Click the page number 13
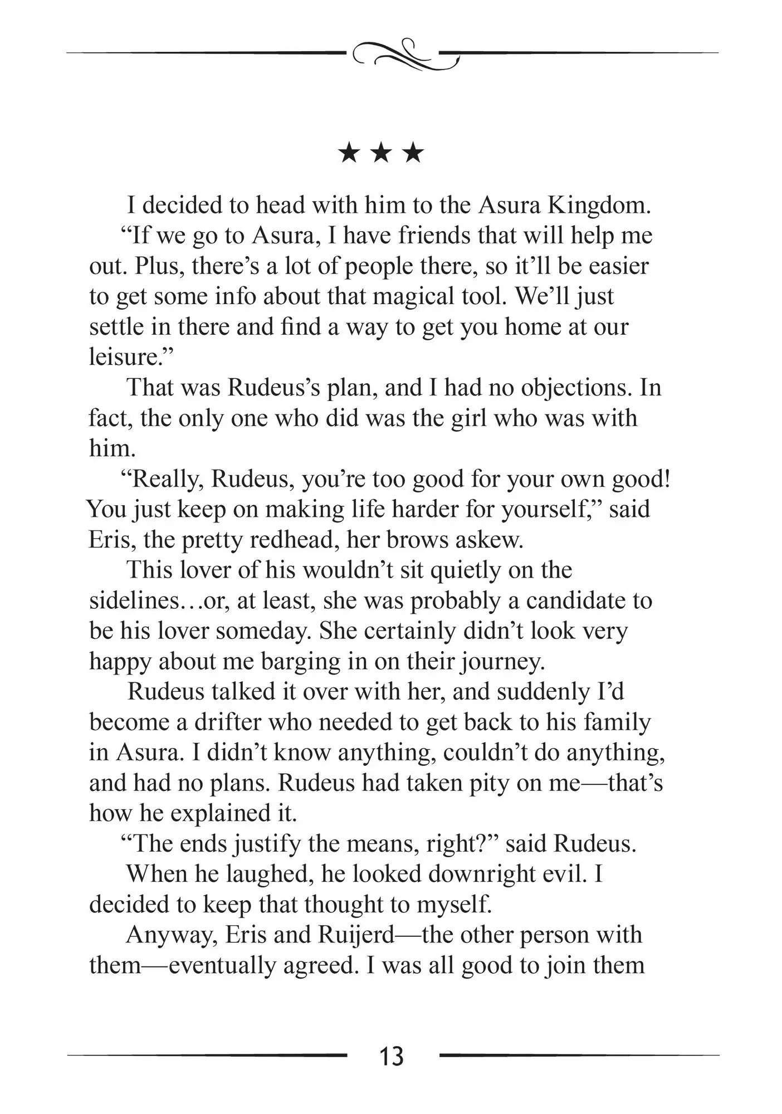391,1056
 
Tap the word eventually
222,965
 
